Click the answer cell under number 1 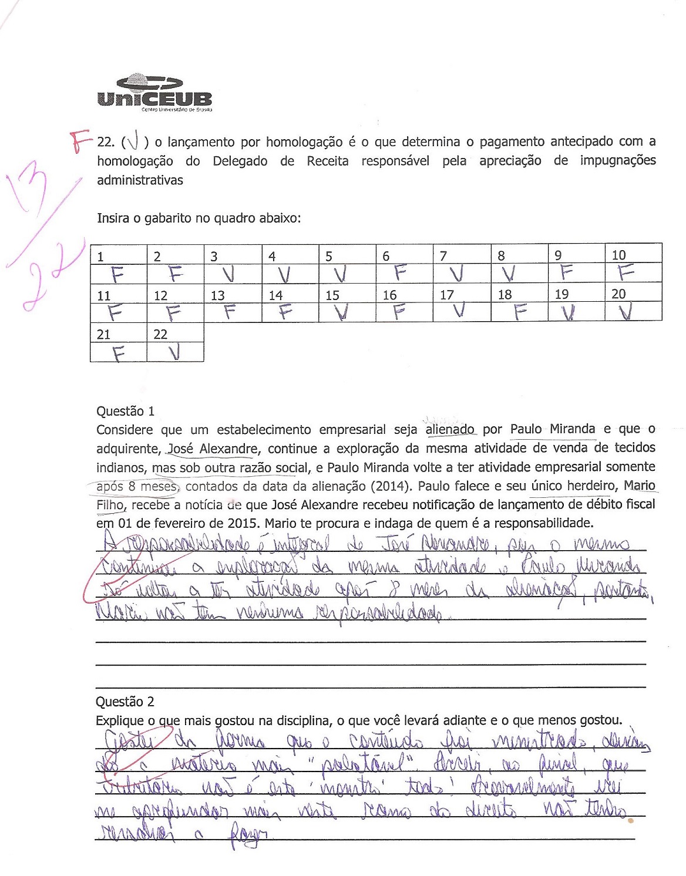(118, 274)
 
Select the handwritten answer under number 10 (627, 272)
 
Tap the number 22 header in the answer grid (160, 335)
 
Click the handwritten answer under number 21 (119, 353)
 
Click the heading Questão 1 (125, 411)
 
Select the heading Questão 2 (125, 702)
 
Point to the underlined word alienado (450, 430)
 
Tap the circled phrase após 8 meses (136, 487)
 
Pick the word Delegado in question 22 (240, 161)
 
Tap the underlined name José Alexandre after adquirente (213, 449)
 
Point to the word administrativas (140, 180)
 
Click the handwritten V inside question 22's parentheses (133, 143)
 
